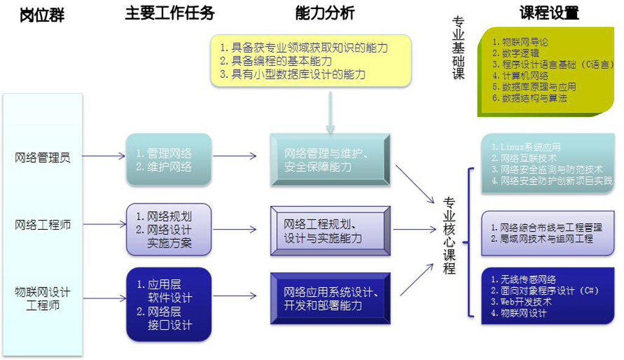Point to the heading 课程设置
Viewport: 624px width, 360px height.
549,13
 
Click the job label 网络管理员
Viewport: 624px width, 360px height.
43,157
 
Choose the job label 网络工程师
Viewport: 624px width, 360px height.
43,225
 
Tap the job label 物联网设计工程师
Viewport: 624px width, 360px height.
43,298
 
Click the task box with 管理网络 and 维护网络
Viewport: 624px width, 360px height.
169,160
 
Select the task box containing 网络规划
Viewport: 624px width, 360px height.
169,230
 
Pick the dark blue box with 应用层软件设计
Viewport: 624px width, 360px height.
169,304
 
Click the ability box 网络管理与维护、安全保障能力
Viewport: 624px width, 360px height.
329,160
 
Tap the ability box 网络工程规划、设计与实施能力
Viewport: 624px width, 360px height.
329,230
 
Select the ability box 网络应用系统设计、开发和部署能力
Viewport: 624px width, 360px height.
329,298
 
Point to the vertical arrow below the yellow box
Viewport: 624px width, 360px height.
331,113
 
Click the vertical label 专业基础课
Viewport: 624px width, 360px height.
458,48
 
